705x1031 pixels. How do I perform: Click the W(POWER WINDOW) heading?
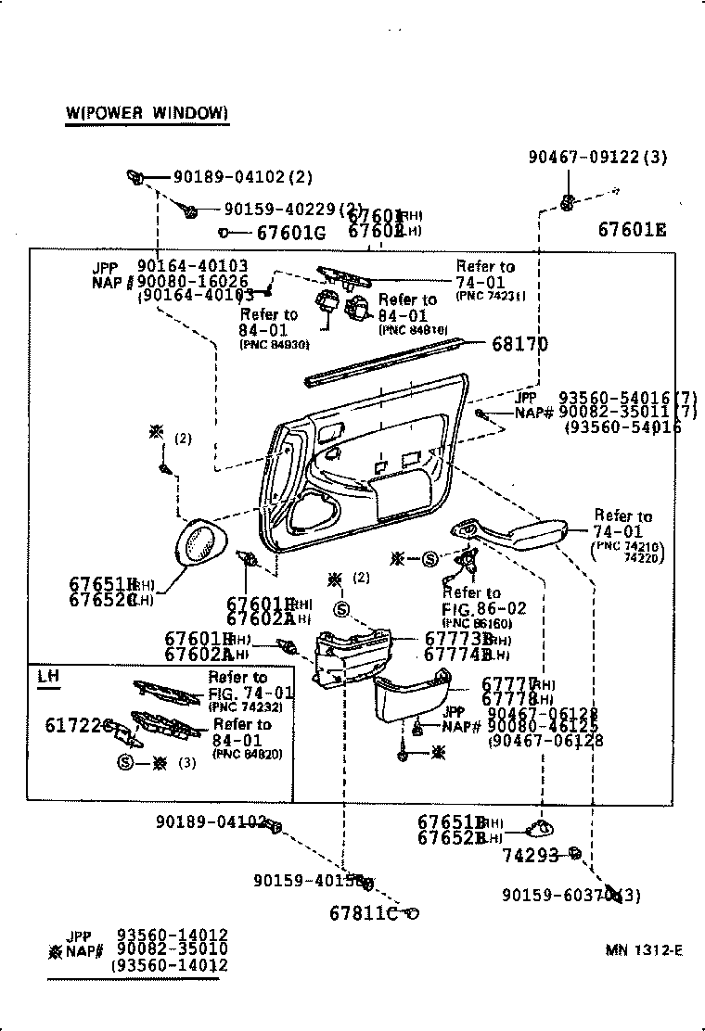click(147, 113)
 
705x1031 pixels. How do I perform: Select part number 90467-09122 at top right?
click(589, 158)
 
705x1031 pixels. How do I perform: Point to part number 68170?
click(519, 345)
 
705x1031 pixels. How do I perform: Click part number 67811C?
click(363, 913)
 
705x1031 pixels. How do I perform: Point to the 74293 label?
click(531, 855)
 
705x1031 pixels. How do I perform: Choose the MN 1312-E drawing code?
click(645, 949)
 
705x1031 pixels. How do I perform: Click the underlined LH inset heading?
click(47, 676)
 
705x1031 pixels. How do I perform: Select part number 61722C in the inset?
click(79, 725)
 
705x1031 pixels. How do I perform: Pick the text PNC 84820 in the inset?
click(247, 754)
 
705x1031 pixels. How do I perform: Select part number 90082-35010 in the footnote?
click(172, 949)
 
